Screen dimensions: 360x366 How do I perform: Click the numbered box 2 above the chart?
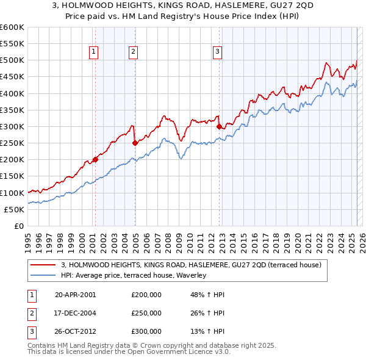tap(133, 52)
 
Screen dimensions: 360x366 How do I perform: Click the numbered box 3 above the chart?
tap(217, 52)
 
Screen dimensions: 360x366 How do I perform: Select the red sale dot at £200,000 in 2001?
tap(95, 160)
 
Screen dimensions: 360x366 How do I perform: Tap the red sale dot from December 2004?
tap(135, 143)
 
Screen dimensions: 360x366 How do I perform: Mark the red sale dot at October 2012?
tap(219, 127)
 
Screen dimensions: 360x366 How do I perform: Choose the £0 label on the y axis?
tap(18, 226)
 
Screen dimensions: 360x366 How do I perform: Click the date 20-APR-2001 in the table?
tap(75, 295)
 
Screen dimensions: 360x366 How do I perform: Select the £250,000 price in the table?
tap(146, 313)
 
